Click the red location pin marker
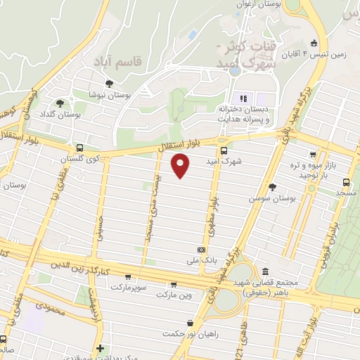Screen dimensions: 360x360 (181, 165)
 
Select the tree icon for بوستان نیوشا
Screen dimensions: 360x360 (108, 84)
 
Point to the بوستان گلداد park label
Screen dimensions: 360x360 (68, 113)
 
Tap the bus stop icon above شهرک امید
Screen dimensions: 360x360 (224, 150)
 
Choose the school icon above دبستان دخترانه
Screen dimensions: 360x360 (244, 98)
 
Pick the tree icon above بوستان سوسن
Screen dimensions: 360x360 (272, 187)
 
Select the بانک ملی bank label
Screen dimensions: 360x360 (199, 260)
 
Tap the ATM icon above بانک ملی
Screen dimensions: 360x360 (202, 250)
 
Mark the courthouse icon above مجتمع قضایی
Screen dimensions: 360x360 (264, 272)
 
